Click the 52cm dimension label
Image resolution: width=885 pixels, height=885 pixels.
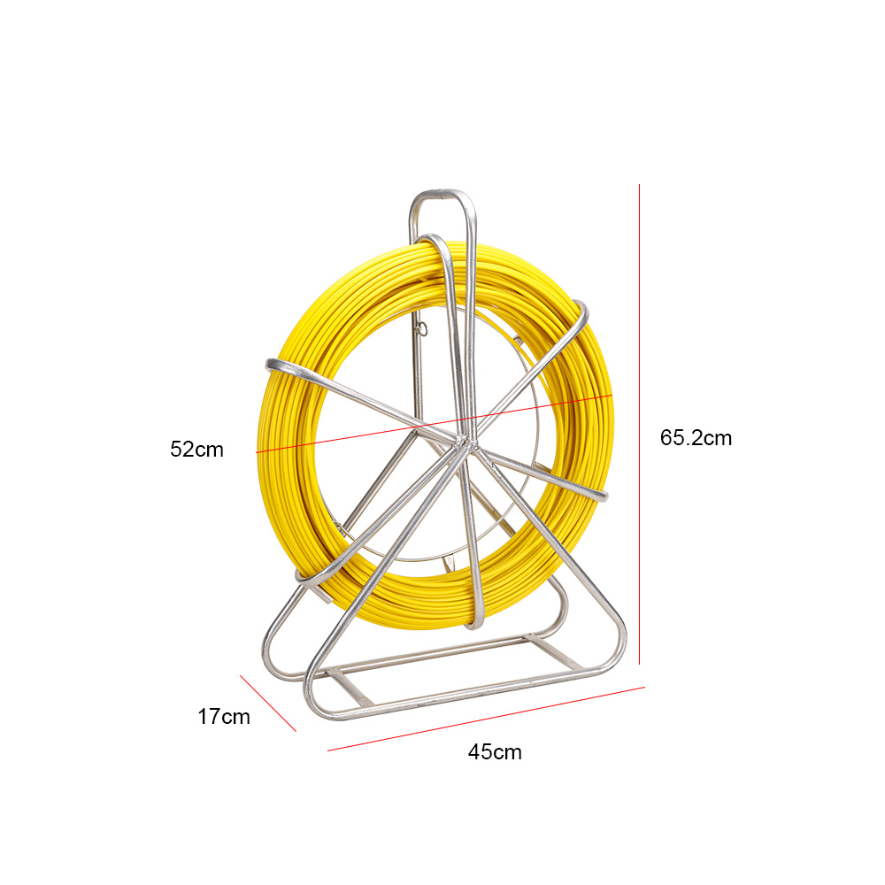(197, 450)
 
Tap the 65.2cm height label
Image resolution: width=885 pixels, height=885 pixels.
(696, 438)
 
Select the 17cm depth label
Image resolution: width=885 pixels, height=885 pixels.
(224, 717)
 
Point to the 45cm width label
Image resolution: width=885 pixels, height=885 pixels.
(495, 752)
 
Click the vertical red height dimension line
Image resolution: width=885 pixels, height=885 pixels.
(640, 424)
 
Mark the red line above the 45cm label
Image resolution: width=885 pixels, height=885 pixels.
(486, 719)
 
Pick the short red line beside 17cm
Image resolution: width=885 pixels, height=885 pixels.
(268, 704)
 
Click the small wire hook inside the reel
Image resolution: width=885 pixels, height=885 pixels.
(421, 328)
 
